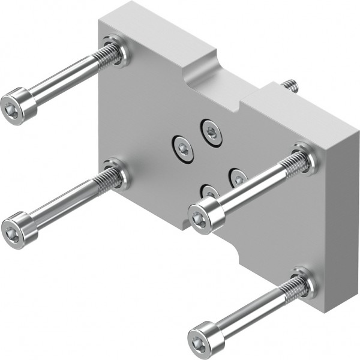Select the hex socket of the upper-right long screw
tap(200, 221)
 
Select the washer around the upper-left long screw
tap(120, 51)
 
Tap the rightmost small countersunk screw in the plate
tap(238, 177)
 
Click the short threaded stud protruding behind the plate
tap(292, 85)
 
